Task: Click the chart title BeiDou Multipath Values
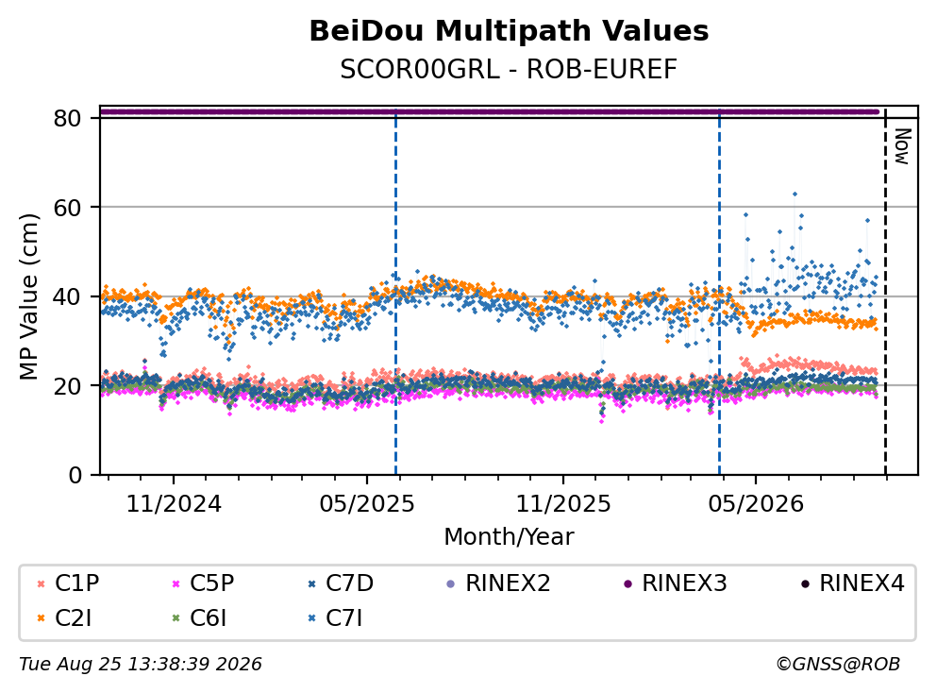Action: pyautogui.click(x=509, y=31)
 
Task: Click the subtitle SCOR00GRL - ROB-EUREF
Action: pyautogui.click(x=509, y=69)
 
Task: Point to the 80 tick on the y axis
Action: pyautogui.click(x=68, y=118)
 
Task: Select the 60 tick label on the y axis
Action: pyautogui.click(x=68, y=208)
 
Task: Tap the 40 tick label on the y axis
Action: pyautogui.click(x=68, y=296)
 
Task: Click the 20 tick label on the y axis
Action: pyautogui.click(x=68, y=385)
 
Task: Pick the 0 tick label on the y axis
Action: pyautogui.click(x=75, y=475)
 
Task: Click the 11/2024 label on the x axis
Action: pyautogui.click(x=174, y=504)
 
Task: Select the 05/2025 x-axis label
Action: pyautogui.click(x=367, y=504)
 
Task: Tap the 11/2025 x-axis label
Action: pyautogui.click(x=563, y=504)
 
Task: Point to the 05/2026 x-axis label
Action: pyautogui.click(x=756, y=504)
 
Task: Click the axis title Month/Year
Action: pyautogui.click(x=509, y=537)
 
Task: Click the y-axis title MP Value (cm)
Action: pyautogui.click(x=28, y=296)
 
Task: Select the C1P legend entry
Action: pyautogui.click(x=68, y=583)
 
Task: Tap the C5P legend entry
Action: pyautogui.click(x=203, y=583)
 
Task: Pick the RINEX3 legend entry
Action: pyautogui.click(x=676, y=583)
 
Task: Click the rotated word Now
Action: pyautogui.click(x=902, y=146)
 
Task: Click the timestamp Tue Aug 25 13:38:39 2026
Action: pyautogui.click(x=141, y=665)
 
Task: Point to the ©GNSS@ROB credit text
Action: pyautogui.click(x=838, y=665)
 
